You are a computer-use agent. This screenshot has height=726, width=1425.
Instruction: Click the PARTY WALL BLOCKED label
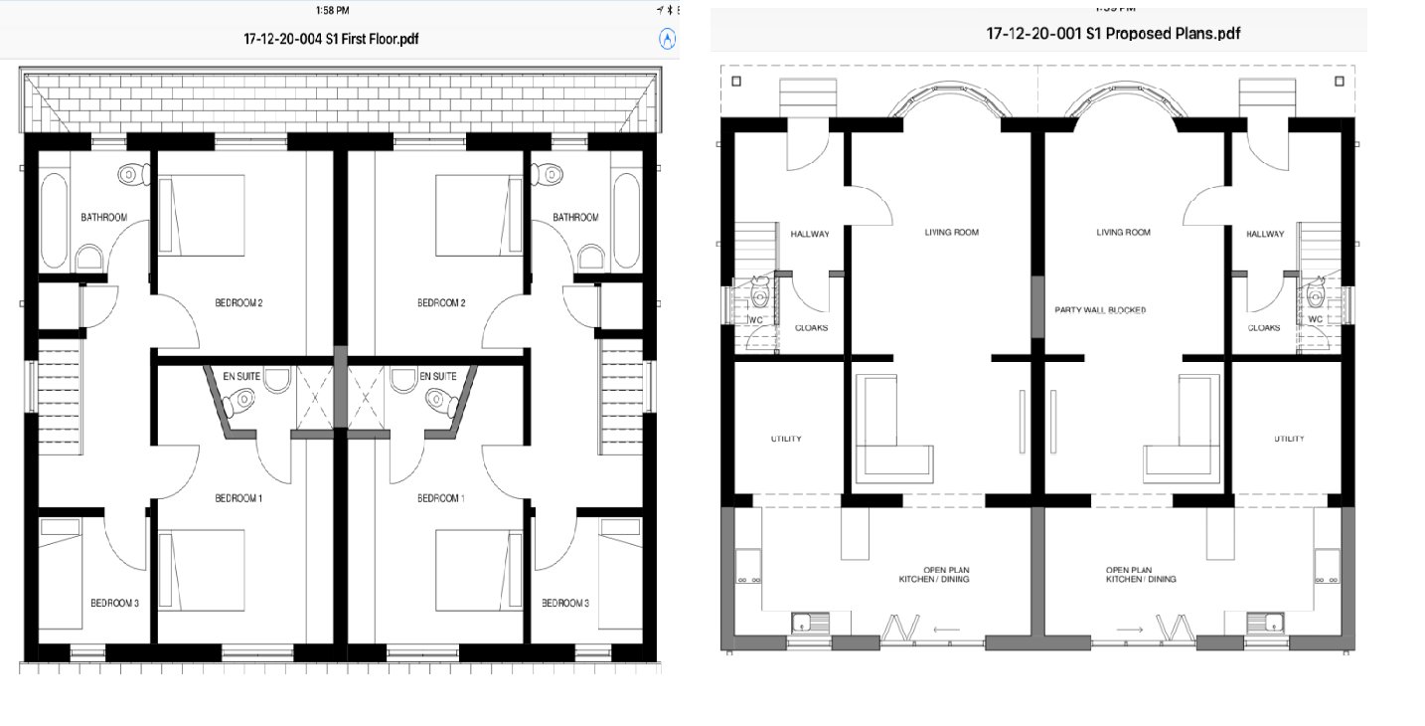tap(1101, 310)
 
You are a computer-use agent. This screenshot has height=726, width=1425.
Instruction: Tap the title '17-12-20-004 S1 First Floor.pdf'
tap(331, 39)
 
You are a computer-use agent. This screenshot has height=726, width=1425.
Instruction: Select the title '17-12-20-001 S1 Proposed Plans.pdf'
tap(1113, 33)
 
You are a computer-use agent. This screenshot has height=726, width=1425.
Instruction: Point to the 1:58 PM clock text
tap(332, 10)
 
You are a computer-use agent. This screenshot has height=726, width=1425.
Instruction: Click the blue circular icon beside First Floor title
tap(667, 39)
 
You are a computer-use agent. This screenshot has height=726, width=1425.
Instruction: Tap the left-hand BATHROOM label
tap(103, 217)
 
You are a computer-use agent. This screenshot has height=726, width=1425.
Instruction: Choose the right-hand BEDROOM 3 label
tap(564, 603)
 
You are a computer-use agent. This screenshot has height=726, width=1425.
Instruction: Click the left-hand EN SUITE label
tap(241, 376)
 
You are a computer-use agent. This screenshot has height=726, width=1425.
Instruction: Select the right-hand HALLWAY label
tap(1265, 234)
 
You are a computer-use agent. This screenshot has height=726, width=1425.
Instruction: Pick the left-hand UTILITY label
tap(786, 439)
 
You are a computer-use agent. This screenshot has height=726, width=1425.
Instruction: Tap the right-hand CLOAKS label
tap(1263, 328)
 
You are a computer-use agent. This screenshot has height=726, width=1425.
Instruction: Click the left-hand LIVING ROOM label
tap(952, 233)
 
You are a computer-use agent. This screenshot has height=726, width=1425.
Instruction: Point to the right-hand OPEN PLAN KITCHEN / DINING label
tap(1141, 575)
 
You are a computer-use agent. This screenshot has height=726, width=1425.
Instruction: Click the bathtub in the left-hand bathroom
tap(54, 221)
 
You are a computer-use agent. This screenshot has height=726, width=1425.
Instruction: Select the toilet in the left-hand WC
tap(759, 293)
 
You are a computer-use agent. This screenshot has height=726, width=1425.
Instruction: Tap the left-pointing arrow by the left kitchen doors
tap(946, 630)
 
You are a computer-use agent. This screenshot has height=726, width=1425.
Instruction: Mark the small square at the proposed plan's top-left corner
tap(736, 81)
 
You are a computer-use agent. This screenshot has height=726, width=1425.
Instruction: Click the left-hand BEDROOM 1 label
tap(238, 498)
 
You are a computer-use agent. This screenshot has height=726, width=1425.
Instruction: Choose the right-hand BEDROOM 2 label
tap(441, 302)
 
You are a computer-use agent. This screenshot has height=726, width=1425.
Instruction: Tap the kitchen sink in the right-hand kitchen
tap(1265, 623)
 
